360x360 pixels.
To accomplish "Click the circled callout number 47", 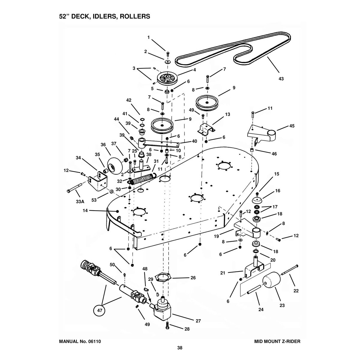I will pyautogui.click(x=99, y=311).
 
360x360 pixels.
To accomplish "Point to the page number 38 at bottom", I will pyautogui.click(x=180, y=348).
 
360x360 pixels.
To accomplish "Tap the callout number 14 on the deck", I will pyautogui.click(x=86, y=211).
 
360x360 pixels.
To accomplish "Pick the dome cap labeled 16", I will pyautogui.click(x=257, y=200).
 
